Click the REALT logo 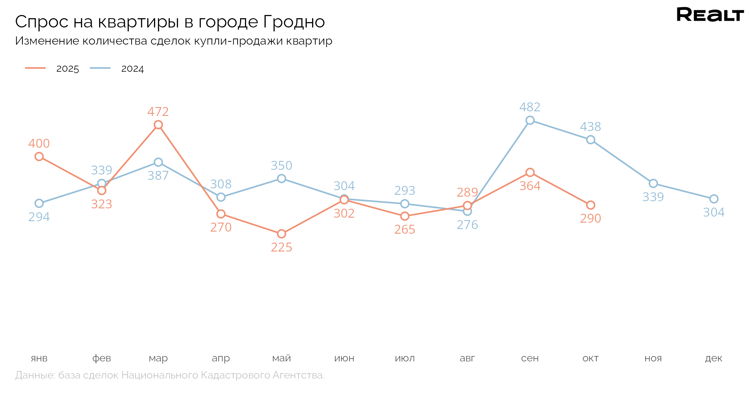point(710,15)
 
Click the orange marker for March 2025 point(158,125)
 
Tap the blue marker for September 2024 point(530,120)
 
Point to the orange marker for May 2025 point(281,234)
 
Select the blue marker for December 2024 point(714,199)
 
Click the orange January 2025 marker point(39,156)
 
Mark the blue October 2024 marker point(591,139)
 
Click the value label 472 point(158,112)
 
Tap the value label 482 point(530,107)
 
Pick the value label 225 point(281,247)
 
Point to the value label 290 point(591,218)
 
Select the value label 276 point(467,225)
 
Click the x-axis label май point(281,358)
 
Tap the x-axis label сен point(530,358)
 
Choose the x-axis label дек point(714,358)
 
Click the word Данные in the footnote point(35,375)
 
